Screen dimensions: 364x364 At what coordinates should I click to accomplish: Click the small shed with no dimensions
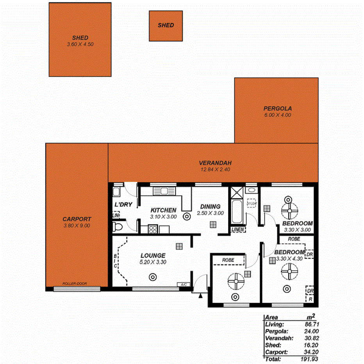pyautogui.click(x=166, y=26)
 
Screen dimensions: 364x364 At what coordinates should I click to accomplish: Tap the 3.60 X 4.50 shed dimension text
pyautogui.click(x=80, y=45)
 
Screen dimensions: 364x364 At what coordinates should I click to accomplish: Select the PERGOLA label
pyautogui.click(x=277, y=109)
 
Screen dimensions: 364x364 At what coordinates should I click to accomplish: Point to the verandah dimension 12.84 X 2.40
pyautogui.click(x=215, y=170)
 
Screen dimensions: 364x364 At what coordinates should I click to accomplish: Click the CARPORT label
pyautogui.click(x=77, y=219)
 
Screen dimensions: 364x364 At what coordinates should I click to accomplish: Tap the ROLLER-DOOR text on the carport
pyautogui.click(x=75, y=284)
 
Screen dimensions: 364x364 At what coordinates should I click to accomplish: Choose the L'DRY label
pyautogui.click(x=123, y=204)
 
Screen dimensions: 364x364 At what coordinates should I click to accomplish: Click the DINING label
pyautogui.click(x=211, y=207)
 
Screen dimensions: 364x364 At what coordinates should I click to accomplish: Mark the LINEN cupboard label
pyautogui.click(x=237, y=230)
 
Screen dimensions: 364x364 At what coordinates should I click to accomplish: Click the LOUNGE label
pyautogui.click(x=153, y=255)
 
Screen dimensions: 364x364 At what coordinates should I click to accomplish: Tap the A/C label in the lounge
pyautogui.click(x=184, y=285)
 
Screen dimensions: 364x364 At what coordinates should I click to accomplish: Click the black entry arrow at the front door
pyautogui.click(x=200, y=296)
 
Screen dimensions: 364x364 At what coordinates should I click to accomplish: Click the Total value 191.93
pyautogui.click(x=310, y=358)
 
